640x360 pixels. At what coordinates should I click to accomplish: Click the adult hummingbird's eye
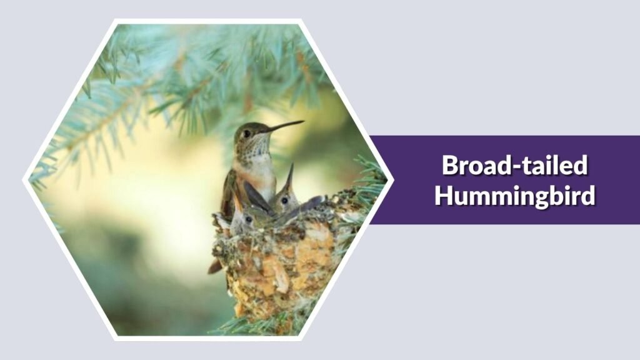coord(246,132)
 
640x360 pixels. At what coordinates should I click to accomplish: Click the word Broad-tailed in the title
coord(515,166)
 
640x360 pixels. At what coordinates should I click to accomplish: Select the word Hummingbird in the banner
coord(515,195)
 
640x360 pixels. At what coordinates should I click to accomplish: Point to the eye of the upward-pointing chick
coord(284,200)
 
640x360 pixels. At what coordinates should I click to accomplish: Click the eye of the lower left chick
coord(248,219)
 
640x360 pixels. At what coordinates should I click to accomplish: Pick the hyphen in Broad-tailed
coord(515,167)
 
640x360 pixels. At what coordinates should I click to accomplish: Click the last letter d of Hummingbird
coord(587,195)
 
